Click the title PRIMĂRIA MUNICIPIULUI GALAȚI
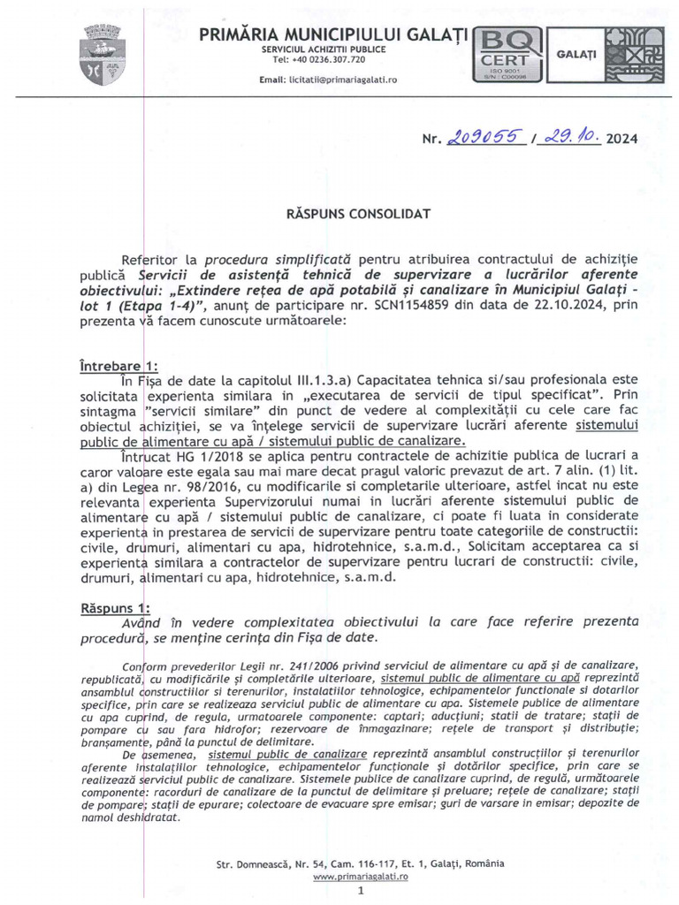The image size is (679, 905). tap(334, 34)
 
